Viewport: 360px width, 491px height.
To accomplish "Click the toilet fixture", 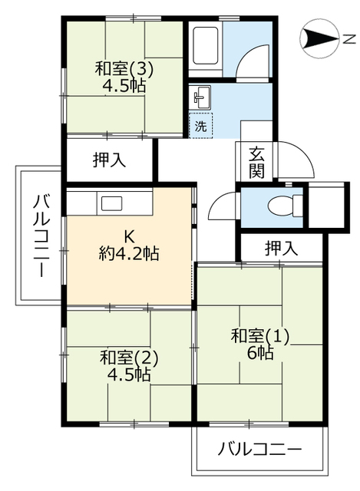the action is tap(286, 206).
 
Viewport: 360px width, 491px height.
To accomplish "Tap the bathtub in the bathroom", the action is tap(205, 46).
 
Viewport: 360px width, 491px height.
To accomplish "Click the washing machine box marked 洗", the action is tap(201, 126).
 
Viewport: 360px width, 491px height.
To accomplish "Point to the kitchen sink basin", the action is tap(111, 203).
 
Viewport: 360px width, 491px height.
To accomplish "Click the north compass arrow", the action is tap(319, 38).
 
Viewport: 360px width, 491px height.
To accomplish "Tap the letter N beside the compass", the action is tap(348, 39).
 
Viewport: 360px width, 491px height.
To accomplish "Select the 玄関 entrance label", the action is tap(256, 163).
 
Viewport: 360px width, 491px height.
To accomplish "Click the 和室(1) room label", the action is tap(259, 336).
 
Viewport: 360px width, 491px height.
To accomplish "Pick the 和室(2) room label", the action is tap(128, 358).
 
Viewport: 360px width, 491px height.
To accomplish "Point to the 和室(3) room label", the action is tap(124, 68).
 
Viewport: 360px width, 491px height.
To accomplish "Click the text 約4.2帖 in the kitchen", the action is tap(129, 253).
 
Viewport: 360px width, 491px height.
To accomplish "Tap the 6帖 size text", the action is tap(260, 353).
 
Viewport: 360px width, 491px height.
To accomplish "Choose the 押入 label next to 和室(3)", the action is tap(109, 160).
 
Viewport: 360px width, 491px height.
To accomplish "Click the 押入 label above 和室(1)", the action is tap(281, 249).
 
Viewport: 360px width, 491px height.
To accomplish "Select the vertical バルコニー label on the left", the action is tap(41, 236).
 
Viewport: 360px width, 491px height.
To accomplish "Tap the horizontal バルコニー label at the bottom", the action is tap(259, 450).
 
